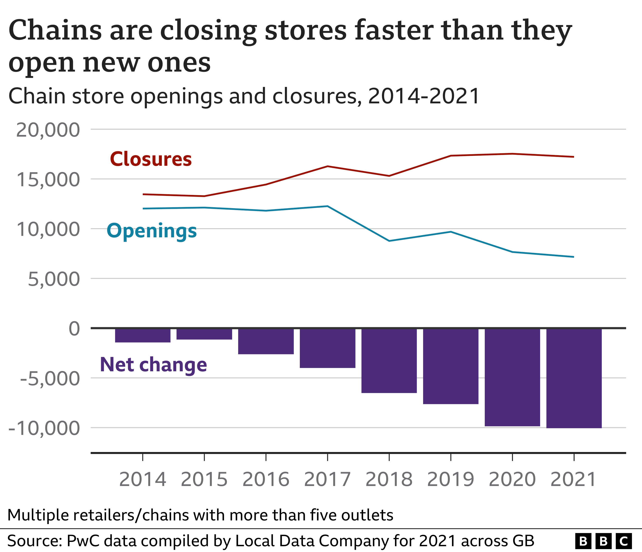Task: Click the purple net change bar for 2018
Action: click(389, 360)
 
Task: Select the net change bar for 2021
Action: click(574, 378)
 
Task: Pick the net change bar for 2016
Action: click(266, 341)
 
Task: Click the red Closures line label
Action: click(151, 159)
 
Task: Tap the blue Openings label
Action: click(151, 231)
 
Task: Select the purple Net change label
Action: click(153, 365)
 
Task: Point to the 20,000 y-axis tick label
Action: click(48, 130)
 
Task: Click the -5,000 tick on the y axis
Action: click(50, 379)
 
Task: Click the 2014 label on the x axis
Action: click(143, 479)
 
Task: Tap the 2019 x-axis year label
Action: click(451, 479)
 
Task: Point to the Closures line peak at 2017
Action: click(328, 166)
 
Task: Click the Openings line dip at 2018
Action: click(389, 241)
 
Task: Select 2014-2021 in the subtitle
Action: click(424, 96)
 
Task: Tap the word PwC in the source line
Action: click(82, 541)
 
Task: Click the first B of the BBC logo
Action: click(583, 541)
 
